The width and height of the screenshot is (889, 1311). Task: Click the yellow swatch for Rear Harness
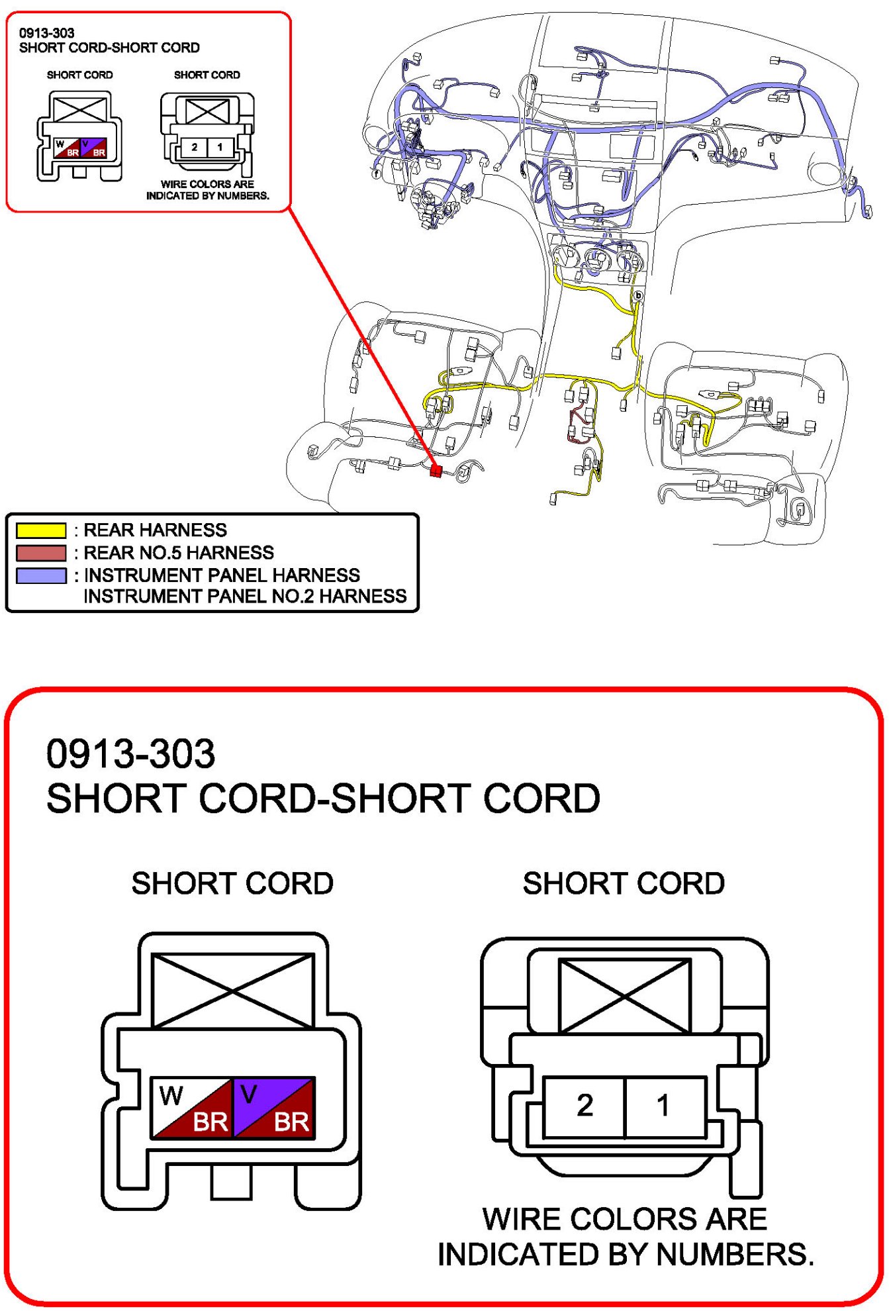coord(41,530)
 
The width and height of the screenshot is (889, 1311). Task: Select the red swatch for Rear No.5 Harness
coord(41,553)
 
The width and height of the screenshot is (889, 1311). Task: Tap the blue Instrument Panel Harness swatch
coord(41,575)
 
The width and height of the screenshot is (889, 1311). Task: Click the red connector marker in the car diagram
coord(436,471)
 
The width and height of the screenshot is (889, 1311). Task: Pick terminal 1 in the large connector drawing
coord(664,1105)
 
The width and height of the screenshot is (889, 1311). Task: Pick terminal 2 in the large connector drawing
coord(585,1105)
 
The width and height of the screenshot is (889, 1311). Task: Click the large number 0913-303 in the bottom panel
coord(130,753)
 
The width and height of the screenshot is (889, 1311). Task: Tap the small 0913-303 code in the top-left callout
coord(46,33)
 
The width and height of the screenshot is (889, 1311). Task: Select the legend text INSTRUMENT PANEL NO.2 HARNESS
coord(245,597)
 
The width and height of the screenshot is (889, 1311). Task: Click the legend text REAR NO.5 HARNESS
coord(179,553)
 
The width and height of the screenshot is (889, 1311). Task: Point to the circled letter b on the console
coord(638,295)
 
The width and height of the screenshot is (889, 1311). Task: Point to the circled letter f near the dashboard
coord(377,174)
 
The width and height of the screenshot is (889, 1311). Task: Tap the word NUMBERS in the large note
coord(734,1254)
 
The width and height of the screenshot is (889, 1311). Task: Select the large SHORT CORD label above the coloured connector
coord(232,883)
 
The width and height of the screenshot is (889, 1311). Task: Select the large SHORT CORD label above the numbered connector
coord(624,883)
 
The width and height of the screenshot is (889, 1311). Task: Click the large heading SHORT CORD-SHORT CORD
coord(323,799)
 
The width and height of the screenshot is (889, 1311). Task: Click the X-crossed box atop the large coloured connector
coord(233,991)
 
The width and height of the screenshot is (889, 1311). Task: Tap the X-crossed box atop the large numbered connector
coord(624,996)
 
